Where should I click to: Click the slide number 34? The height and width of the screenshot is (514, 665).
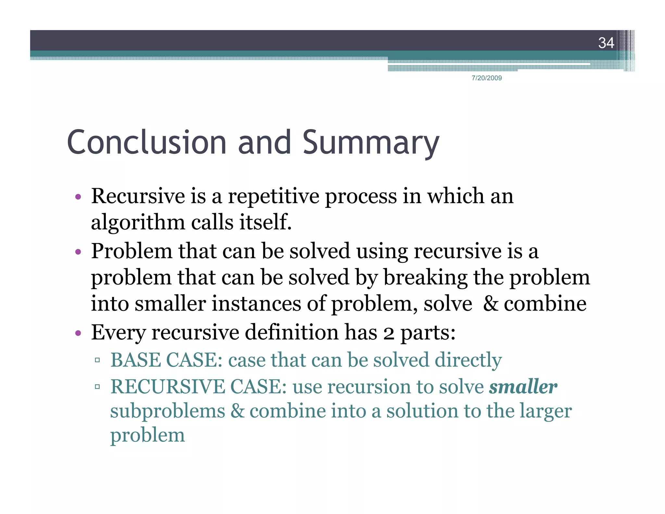[606, 43]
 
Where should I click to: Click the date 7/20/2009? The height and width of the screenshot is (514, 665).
[486, 78]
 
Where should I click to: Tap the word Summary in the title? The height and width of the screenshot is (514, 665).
[370, 143]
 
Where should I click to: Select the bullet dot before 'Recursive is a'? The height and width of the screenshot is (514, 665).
[78, 197]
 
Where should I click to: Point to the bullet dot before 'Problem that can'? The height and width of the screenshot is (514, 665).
[78, 252]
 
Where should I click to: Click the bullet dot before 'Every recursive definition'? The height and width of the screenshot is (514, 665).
[78, 333]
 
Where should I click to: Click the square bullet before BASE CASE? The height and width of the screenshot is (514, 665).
[97, 360]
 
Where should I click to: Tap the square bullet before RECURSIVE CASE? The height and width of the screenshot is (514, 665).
[97, 387]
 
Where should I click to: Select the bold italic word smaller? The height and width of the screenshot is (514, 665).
[523, 386]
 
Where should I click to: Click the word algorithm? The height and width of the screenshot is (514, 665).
[138, 223]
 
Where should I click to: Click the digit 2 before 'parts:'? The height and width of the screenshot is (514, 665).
[388, 333]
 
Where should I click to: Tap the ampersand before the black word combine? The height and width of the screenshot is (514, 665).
[490, 304]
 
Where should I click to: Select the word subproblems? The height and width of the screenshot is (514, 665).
[168, 412]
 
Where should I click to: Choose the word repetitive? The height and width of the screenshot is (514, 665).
[273, 197]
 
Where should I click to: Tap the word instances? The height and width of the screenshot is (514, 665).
[257, 304]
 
